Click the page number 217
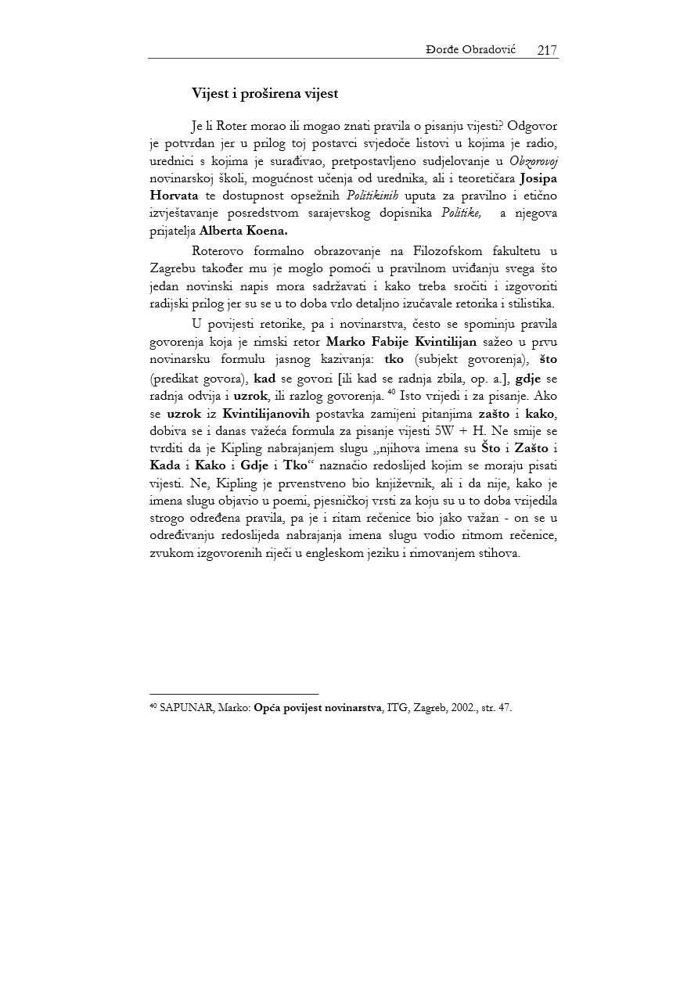[547, 50]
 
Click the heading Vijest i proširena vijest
[265, 93]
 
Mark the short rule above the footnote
[233, 694]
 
